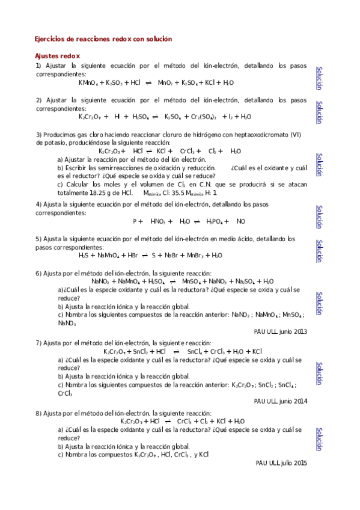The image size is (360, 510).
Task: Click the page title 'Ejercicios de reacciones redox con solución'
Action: click(x=103, y=38)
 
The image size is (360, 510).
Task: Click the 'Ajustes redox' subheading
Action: click(x=58, y=55)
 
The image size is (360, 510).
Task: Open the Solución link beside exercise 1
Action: click(x=320, y=78)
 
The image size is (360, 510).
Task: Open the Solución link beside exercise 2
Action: click(x=320, y=112)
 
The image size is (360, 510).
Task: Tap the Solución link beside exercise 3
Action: click(x=320, y=165)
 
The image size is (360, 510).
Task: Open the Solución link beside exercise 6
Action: click(x=320, y=303)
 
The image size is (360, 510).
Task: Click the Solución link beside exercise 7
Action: click(x=320, y=373)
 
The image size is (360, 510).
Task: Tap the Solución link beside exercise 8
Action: click(x=320, y=439)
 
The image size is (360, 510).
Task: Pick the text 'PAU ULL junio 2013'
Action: click(x=281, y=331)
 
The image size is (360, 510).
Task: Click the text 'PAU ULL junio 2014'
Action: click(x=281, y=401)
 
